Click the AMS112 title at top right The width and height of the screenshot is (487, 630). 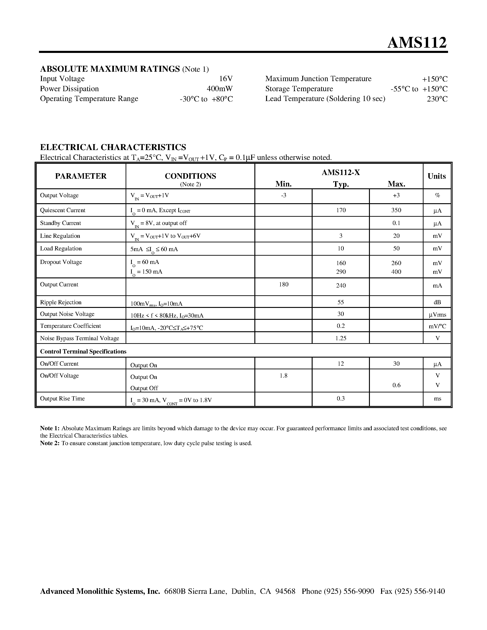(417, 43)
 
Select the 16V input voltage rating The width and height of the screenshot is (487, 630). (226, 79)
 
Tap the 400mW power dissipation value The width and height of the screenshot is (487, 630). (220, 89)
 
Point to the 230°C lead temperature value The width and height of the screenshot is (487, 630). (437, 99)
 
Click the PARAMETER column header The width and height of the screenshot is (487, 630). (81, 176)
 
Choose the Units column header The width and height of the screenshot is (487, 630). (437, 176)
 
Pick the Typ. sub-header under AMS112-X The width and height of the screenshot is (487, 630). (341, 184)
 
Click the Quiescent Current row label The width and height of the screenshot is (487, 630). (63, 210)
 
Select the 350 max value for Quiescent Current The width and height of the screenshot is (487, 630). (396, 210)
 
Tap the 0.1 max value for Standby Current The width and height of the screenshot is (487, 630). (396, 223)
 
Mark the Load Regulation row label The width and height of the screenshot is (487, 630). (61, 249)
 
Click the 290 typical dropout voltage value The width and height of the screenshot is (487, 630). (341, 272)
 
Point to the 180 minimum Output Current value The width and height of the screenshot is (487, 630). (283, 285)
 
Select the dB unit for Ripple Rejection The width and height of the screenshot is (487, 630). (437, 302)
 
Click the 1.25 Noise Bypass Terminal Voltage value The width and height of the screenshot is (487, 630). (341, 338)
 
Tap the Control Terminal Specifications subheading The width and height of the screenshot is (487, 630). (83, 351)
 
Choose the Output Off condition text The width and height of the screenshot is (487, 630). (144, 388)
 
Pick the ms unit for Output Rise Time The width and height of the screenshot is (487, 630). (437, 399)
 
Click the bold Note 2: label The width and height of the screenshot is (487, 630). (50, 443)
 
